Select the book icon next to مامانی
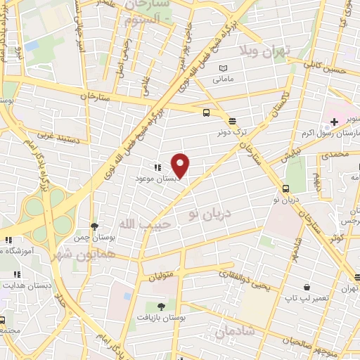click(223, 67)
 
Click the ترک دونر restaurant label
click(232, 131)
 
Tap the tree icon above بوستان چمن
click(94, 226)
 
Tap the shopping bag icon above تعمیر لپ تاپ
click(307, 287)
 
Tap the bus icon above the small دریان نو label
click(285, 188)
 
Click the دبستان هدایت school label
click(25, 288)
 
